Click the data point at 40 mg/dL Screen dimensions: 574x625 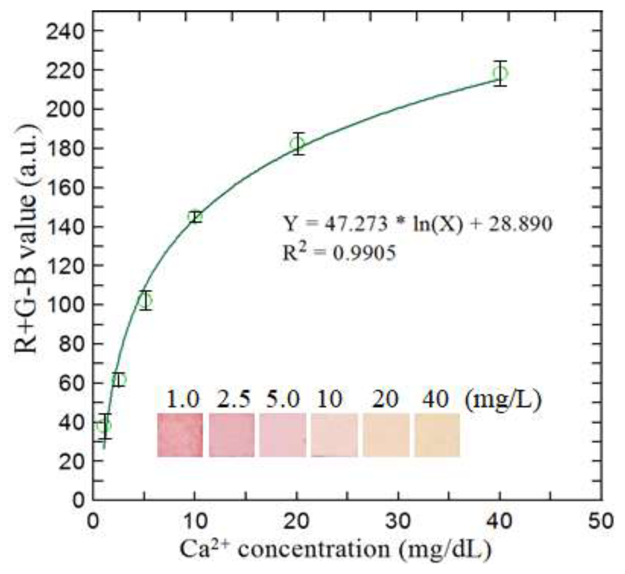[x=500, y=73]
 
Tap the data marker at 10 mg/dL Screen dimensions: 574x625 [x=195, y=217]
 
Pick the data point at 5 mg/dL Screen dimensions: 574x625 [x=145, y=300]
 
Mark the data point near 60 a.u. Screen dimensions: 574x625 [x=119, y=380]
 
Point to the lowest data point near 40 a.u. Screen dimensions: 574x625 [x=104, y=426]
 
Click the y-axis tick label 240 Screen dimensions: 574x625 [x=65, y=32]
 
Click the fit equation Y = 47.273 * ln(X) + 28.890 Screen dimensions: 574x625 [x=417, y=224]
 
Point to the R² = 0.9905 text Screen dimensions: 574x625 [x=339, y=253]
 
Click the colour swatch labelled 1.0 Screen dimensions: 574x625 [x=180, y=435]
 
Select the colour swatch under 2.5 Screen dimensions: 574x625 [x=231, y=435]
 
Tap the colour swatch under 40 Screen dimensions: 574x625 [x=437, y=435]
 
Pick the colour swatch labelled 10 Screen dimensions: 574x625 [x=334, y=435]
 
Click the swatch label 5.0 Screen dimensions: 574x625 [x=282, y=399]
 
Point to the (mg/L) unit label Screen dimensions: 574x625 [x=503, y=399]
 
